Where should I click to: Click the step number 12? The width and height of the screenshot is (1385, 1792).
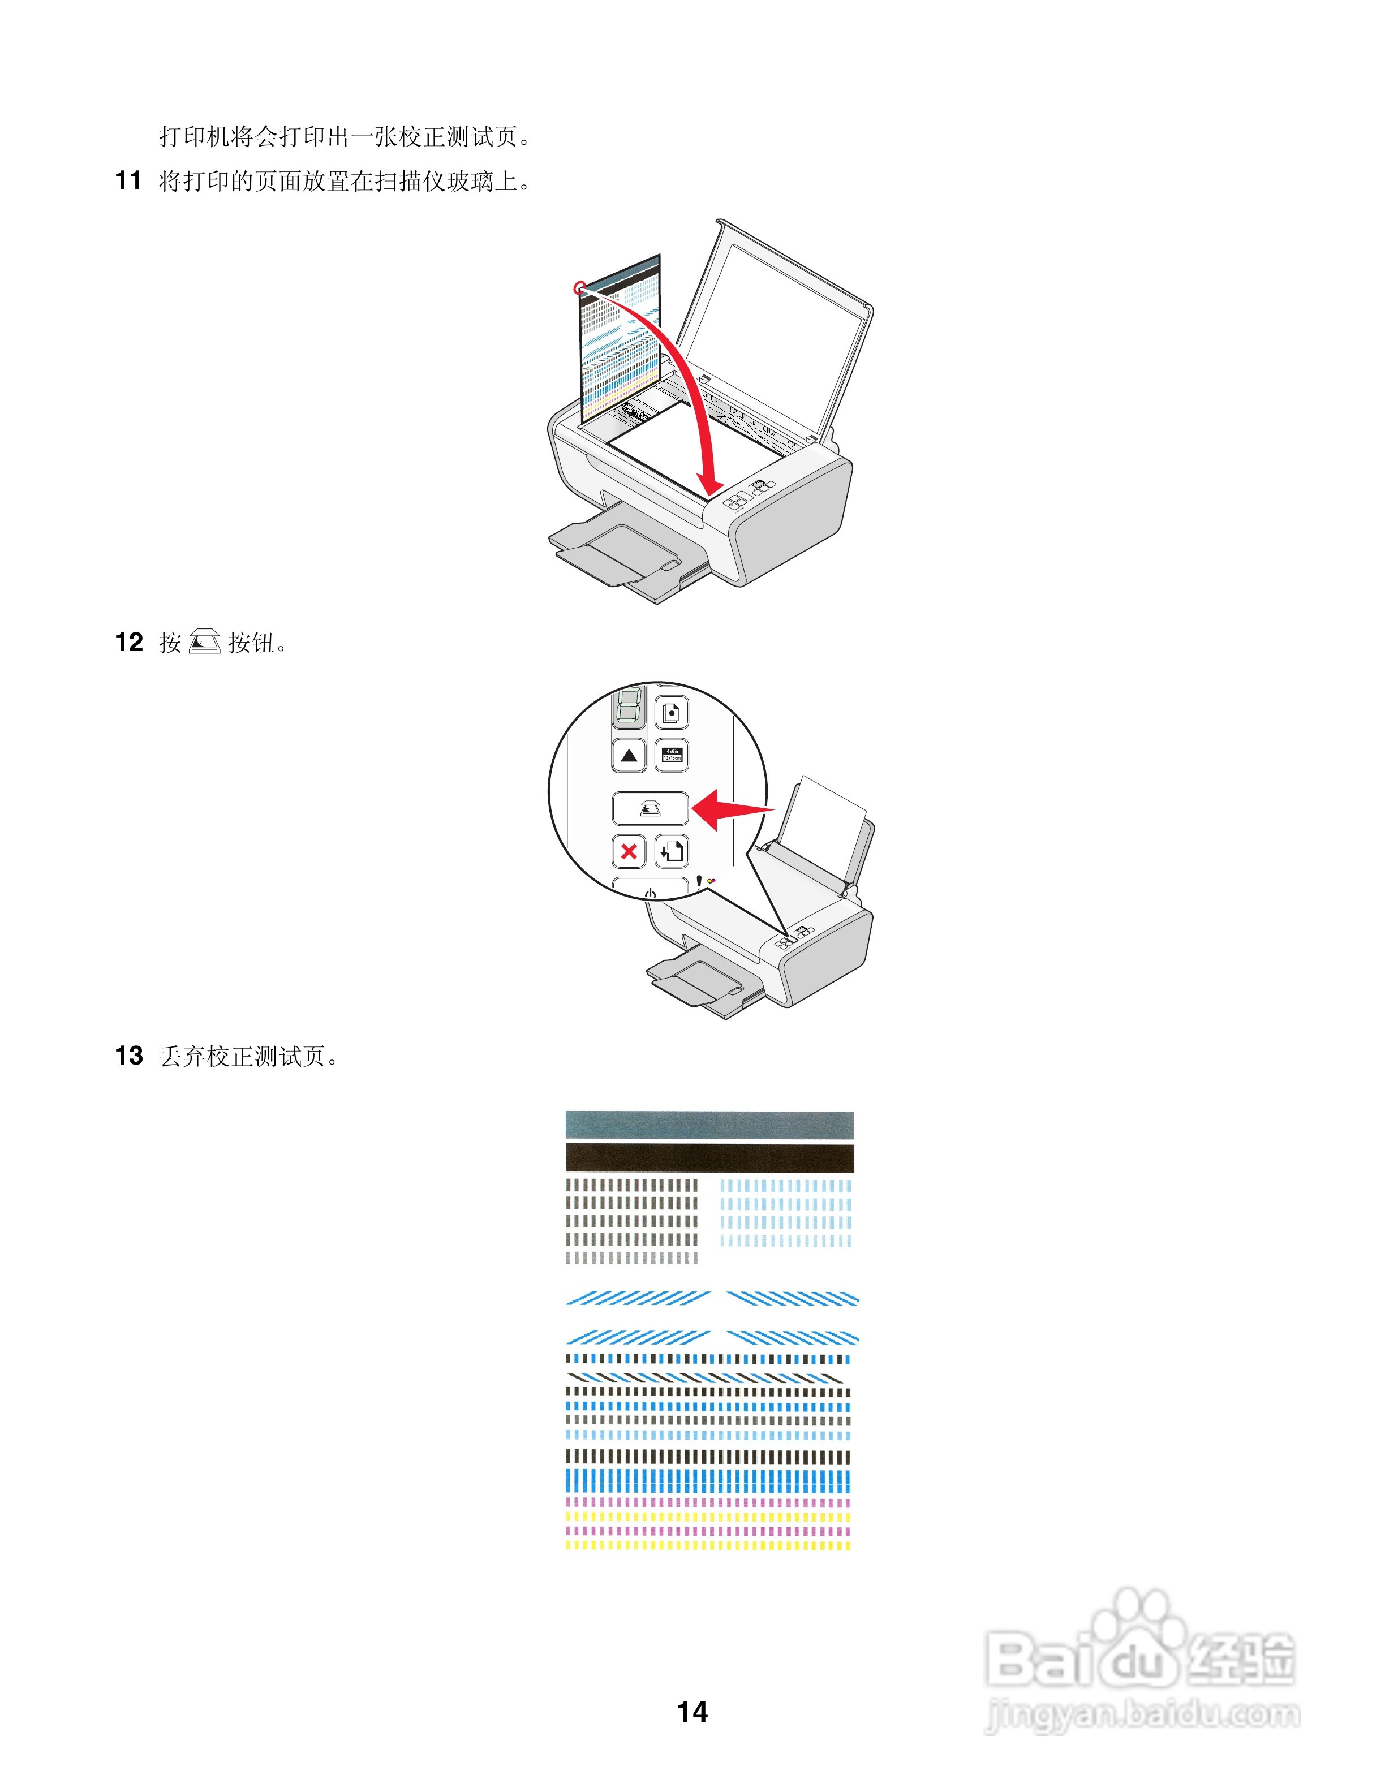pos(129,643)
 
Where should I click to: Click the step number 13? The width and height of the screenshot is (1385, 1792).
pos(129,1056)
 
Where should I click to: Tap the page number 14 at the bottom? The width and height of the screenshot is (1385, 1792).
pos(692,1712)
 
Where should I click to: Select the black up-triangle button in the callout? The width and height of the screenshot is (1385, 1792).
pos(629,756)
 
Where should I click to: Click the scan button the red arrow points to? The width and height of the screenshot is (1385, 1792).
pos(650,809)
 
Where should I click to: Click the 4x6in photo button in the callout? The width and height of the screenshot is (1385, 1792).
pos(672,756)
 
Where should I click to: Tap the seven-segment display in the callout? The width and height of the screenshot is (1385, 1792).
pos(629,707)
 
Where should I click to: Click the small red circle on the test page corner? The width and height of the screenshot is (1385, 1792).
pos(580,288)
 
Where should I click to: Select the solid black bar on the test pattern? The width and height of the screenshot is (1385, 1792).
pos(709,1158)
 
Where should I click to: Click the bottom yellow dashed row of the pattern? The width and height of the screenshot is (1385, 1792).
pos(709,1545)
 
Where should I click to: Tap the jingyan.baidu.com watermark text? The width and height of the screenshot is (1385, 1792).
pos(1142,1715)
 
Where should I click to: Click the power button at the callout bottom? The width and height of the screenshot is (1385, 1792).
pos(650,889)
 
